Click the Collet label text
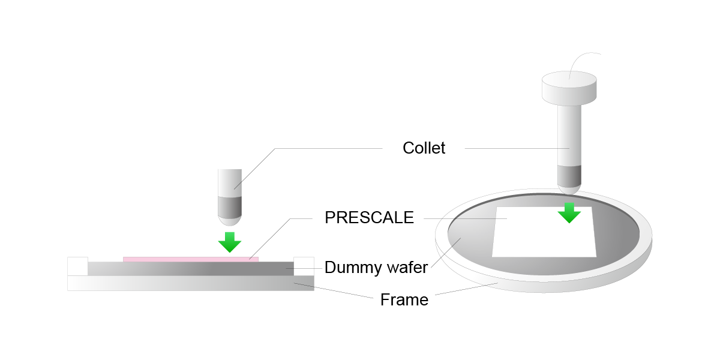(424, 148)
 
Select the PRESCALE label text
(369, 218)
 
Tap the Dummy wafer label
(376, 268)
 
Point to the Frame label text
(404, 300)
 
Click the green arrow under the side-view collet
(229, 242)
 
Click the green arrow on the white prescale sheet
(569, 213)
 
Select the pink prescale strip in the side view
(191, 259)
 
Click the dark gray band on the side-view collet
(229, 207)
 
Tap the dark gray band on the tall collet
(569, 176)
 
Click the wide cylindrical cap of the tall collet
(569, 88)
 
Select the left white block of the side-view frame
(77, 266)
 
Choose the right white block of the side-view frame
(304, 266)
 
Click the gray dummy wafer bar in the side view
(191, 269)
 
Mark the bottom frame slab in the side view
(191, 283)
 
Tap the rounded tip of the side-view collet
(229, 221)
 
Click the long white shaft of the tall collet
(569, 135)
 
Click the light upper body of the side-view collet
(229, 183)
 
